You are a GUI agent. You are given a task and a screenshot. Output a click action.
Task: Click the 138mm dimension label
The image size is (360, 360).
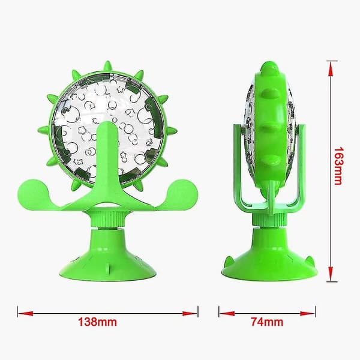pos(97,322)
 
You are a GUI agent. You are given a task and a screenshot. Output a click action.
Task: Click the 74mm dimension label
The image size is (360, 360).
pos(267,322)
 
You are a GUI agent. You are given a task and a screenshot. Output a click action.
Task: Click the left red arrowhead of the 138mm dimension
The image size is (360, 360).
pos(25,313)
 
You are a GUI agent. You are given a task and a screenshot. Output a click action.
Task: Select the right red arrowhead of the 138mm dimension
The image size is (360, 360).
pos(190,313)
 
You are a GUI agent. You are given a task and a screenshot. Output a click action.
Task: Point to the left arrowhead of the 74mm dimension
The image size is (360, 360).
pos(227,313)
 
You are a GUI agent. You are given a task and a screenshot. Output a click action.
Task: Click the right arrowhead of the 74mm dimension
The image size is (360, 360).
pos(308,313)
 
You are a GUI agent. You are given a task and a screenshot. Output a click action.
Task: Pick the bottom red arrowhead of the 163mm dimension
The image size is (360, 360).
pos(331,274)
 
